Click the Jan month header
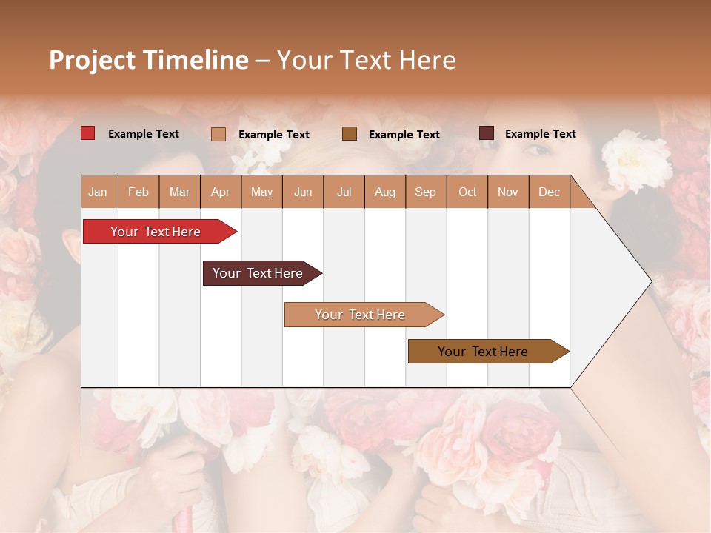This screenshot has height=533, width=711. pos(98,192)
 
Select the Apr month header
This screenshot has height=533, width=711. pos(220,192)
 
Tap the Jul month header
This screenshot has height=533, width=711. pos(344,192)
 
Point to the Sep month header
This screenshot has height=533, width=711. pos(425,192)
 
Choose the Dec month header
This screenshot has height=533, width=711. pos(549,192)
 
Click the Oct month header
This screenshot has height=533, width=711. pos(467,192)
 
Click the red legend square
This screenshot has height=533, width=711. pos(88,133)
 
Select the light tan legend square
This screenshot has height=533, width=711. pos(218,134)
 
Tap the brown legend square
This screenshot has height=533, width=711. pos(350,133)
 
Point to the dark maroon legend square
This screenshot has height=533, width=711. pos(486,133)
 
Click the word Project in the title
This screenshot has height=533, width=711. pos(92,60)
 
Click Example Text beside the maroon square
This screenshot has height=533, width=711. pos(540,134)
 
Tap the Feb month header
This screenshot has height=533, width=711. pos(138,192)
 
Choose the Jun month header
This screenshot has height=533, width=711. pos(303,192)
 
